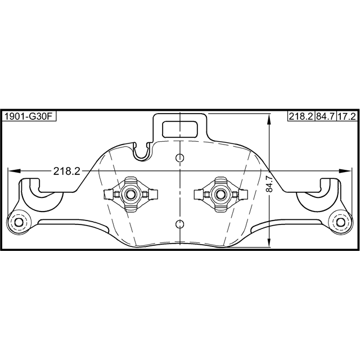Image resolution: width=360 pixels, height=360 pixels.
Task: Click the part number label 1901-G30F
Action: tap(29, 116)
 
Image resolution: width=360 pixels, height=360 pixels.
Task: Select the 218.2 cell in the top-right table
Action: tap(301, 116)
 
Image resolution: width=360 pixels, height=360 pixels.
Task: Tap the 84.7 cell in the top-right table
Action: tap(325, 116)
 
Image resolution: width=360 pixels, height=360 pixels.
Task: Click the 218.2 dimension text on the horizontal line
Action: tap(66, 171)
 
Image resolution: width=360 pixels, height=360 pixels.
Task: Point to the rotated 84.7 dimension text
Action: tap(269, 184)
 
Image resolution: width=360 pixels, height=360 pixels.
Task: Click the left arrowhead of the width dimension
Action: tap(14, 171)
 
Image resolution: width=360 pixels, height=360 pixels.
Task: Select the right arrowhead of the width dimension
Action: tap(345, 171)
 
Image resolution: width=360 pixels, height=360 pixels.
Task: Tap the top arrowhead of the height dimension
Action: tap(269, 120)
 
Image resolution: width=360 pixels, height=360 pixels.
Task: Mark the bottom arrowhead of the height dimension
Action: tap(269, 241)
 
